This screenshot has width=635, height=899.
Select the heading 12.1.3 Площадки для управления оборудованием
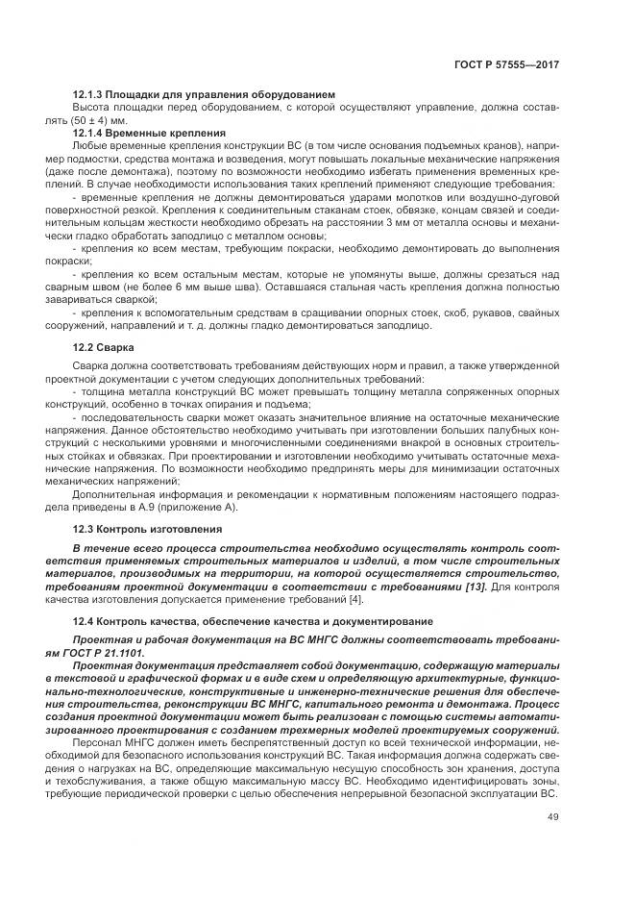coord(203,95)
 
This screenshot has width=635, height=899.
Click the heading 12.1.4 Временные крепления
coord(149,132)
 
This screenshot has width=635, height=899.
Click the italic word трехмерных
coord(361,729)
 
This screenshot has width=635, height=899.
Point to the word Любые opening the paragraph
coord(89,144)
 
